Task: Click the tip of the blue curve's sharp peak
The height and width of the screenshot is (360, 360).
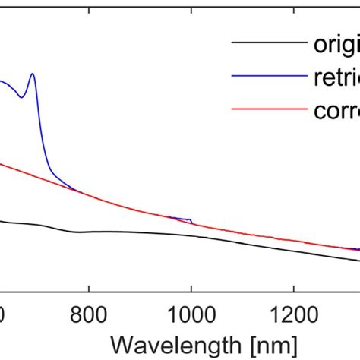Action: pyautogui.click(x=33, y=74)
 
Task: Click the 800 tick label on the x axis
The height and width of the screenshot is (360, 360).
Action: pyautogui.click(x=89, y=311)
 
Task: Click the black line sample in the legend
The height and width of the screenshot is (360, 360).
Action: pyautogui.click(x=267, y=43)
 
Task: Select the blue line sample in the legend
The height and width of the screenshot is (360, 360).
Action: pyautogui.click(x=267, y=76)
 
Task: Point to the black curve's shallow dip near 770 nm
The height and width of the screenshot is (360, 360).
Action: pyautogui.click(x=76, y=232)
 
